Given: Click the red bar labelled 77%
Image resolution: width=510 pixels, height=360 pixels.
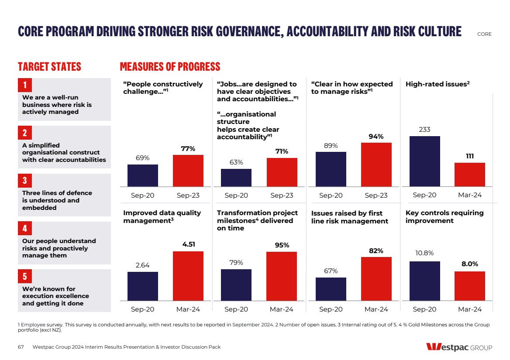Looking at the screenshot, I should click(x=188, y=171).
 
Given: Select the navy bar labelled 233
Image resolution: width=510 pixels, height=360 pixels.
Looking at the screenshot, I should click(x=425, y=161).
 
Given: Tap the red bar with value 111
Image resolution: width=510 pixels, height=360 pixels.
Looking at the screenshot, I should click(x=470, y=175).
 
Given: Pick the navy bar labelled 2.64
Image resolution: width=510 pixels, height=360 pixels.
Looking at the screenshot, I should click(x=143, y=286).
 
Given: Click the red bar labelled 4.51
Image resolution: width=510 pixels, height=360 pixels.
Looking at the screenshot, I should click(x=188, y=276).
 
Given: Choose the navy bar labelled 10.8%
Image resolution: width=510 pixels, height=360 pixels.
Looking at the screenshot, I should click(x=425, y=281).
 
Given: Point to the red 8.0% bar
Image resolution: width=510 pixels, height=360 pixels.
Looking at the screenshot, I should click(x=470, y=286).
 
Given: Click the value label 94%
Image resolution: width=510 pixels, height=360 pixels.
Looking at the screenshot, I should click(x=376, y=137).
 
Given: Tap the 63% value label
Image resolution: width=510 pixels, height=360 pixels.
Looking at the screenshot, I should click(x=236, y=162).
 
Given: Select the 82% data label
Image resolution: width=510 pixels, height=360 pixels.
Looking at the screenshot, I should click(x=376, y=251).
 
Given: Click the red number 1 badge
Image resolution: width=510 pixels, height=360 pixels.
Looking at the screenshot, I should click(x=25, y=85).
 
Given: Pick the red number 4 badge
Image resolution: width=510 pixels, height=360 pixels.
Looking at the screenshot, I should click(x=25, y=228).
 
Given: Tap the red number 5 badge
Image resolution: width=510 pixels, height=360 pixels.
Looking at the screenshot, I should click(x=25, y=276).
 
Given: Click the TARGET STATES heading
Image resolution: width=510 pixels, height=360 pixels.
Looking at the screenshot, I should click(x=49, y=67).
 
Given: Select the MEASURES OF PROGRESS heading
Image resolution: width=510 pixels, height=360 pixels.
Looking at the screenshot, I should click(x=170, y=67).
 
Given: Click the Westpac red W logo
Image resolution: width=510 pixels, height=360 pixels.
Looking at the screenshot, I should click(x=434, y=347).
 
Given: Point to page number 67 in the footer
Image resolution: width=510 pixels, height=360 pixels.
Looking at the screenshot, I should click(x=21, y=347).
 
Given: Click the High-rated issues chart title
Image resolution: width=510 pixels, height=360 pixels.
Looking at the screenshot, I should click(x=438, y=84).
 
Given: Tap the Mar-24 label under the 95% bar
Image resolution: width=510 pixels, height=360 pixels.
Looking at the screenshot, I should click(x=282, y=309).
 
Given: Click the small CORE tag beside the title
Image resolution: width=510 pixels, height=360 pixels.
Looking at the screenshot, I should click(x=484, y=34).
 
